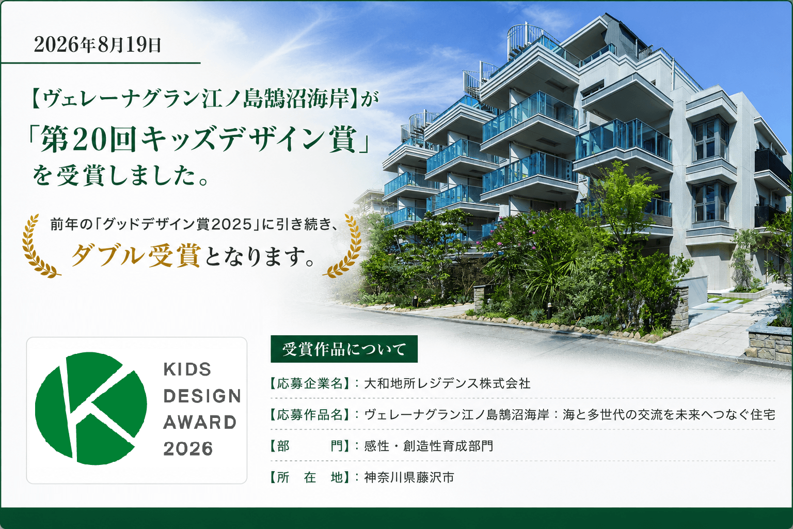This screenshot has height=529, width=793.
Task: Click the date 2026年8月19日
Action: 98,45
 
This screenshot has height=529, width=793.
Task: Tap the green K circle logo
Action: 91,408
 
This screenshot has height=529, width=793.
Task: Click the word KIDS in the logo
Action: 187,369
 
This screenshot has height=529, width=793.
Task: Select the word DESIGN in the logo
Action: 202,396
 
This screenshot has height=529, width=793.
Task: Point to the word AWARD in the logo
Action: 200,423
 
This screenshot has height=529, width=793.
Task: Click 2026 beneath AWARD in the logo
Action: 188,448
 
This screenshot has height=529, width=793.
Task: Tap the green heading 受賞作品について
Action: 344,349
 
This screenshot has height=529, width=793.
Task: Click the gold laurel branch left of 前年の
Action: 39,246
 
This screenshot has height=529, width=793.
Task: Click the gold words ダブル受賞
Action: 136,256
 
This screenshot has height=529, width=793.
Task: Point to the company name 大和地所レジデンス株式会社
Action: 447,383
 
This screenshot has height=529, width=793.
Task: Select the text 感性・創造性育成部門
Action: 429,446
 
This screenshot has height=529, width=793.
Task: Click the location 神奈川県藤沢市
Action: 409,477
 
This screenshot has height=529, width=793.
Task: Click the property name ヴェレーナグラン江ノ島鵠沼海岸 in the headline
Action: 196,99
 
